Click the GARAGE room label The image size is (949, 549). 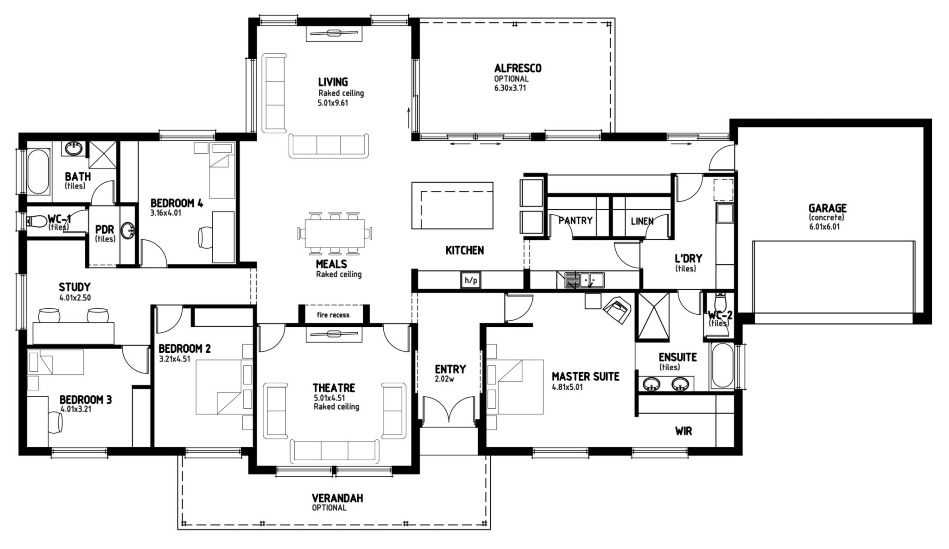point(828,208)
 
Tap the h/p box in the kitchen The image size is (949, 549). point(470,281)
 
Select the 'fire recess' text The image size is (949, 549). point(333,315)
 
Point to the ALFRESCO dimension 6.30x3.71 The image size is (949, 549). point(510,88)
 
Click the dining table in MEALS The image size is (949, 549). point(335,234)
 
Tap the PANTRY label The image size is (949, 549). point(576,221)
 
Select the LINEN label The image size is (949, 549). point(642,221)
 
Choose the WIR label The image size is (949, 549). point(683,431)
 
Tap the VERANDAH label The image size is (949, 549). point(337,499)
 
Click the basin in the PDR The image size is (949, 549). point(128,230)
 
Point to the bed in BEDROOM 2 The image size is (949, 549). point(219,387)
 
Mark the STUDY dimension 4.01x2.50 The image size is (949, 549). point(75,298)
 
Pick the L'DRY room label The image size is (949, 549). point(688,258)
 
